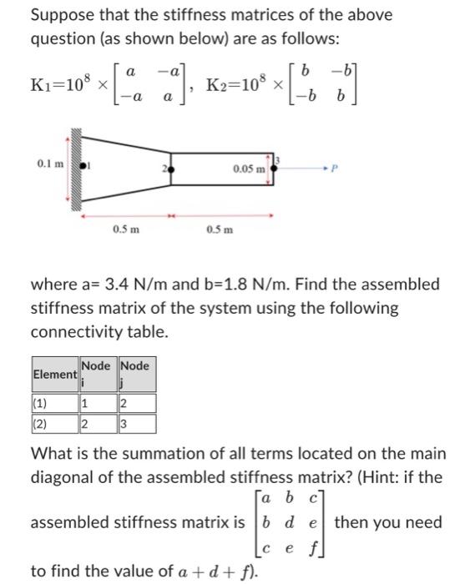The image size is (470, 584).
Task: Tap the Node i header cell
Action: pyautogui.click(x=97, y=372)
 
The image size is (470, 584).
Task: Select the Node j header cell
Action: pyautogui.click(x=136, y=372)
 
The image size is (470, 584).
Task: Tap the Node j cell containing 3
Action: pyautogui.click(x=124, y=424)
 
